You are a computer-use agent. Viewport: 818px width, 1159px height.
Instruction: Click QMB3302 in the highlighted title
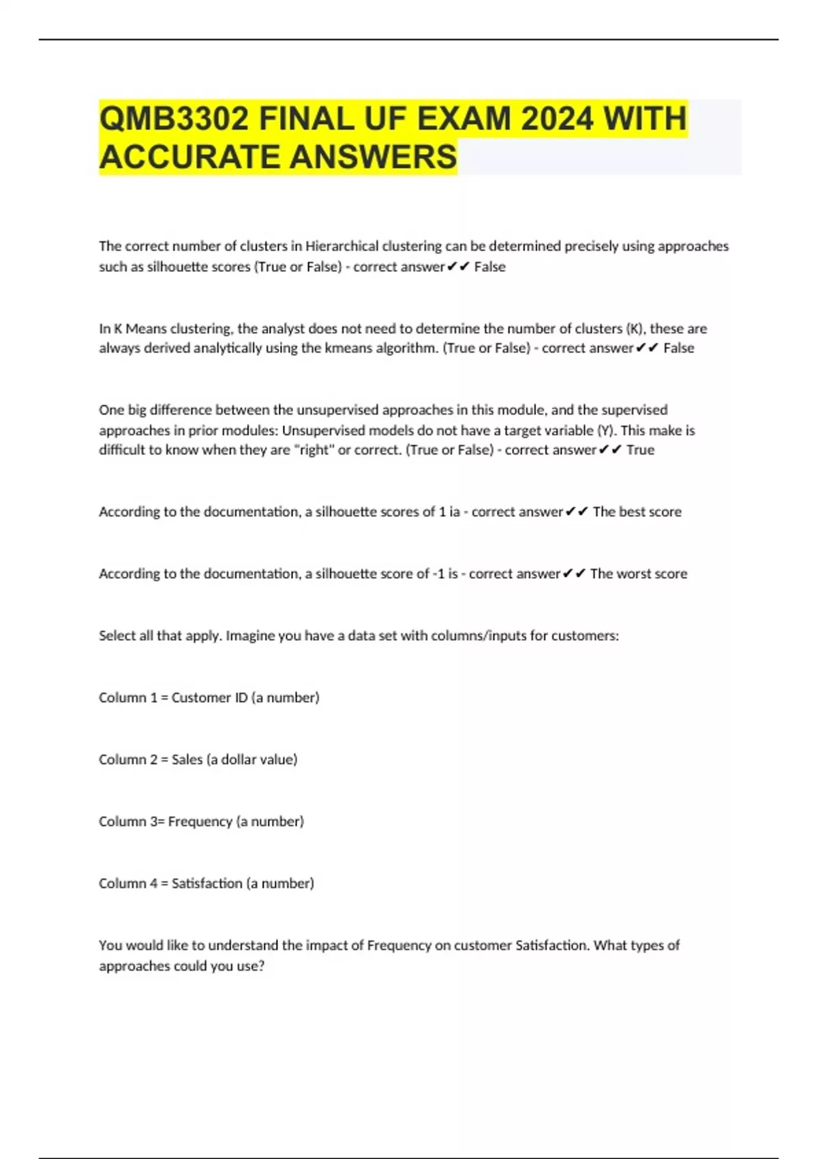174,119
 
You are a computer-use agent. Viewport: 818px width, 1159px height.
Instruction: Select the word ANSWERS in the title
373,157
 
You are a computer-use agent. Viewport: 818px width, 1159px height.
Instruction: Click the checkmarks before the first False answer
459,267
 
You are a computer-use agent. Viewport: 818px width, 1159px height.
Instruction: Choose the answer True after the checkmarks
640,450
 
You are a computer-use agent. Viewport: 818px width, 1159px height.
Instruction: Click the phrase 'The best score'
637,512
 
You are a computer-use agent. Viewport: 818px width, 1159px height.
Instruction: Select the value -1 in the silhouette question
440,573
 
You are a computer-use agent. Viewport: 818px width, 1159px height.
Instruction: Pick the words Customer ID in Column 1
209,697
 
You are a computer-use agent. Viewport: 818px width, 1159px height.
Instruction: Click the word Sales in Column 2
187,759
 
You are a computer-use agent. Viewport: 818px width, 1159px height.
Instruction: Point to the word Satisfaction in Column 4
207,884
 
